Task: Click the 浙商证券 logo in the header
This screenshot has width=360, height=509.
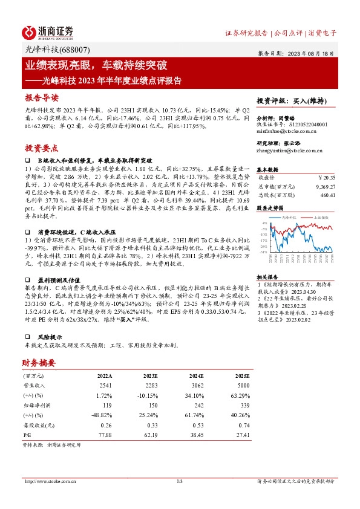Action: tap(48, 31)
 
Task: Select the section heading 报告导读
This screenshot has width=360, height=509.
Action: tap(42, 97)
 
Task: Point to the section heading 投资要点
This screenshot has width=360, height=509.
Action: tap(42, 148)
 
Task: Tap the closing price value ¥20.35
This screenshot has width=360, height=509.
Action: tap(326, 178)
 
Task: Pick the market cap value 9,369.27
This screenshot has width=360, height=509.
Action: tap(324, 187)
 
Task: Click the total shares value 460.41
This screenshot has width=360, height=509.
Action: tap(327, 195)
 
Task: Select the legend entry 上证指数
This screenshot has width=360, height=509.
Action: tap(322, 216)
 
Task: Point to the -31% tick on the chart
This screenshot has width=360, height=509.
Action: tap(264, 251)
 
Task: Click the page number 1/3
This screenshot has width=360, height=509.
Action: tap(180, 481)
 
